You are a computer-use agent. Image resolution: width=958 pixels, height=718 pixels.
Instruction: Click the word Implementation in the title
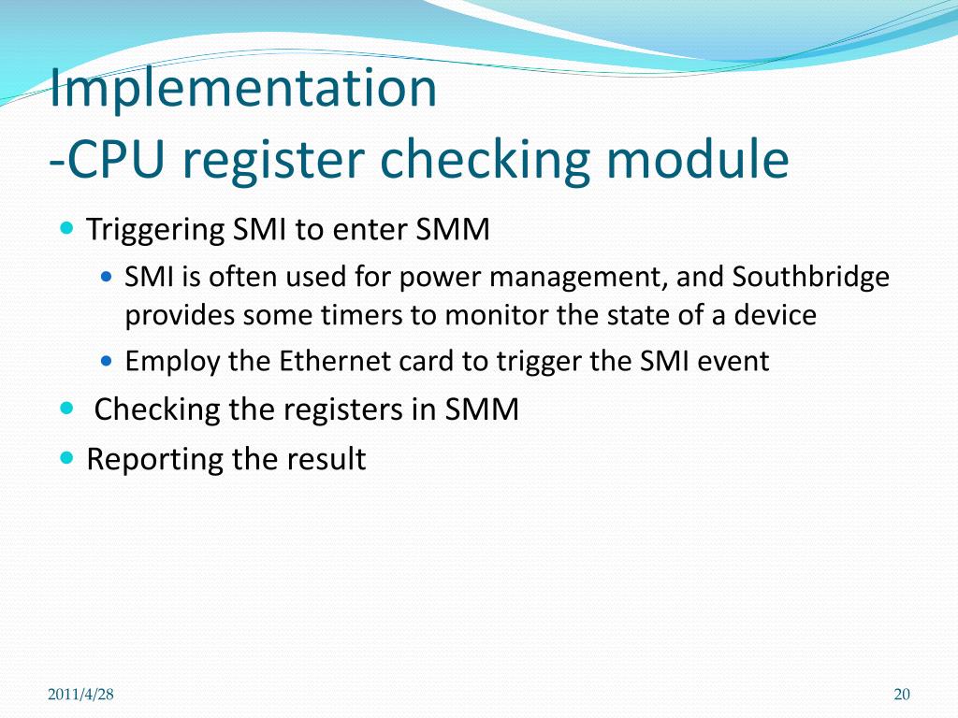click(x=243, y=90)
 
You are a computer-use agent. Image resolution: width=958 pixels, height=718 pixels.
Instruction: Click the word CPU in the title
click(x=113, y=160)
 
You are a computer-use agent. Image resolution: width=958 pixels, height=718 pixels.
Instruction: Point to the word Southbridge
click(x=811, y=278)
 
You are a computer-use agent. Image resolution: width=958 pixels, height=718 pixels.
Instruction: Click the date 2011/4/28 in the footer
click(x=80, y=694)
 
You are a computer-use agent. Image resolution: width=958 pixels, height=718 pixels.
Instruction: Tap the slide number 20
click(x=902, y=694)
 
